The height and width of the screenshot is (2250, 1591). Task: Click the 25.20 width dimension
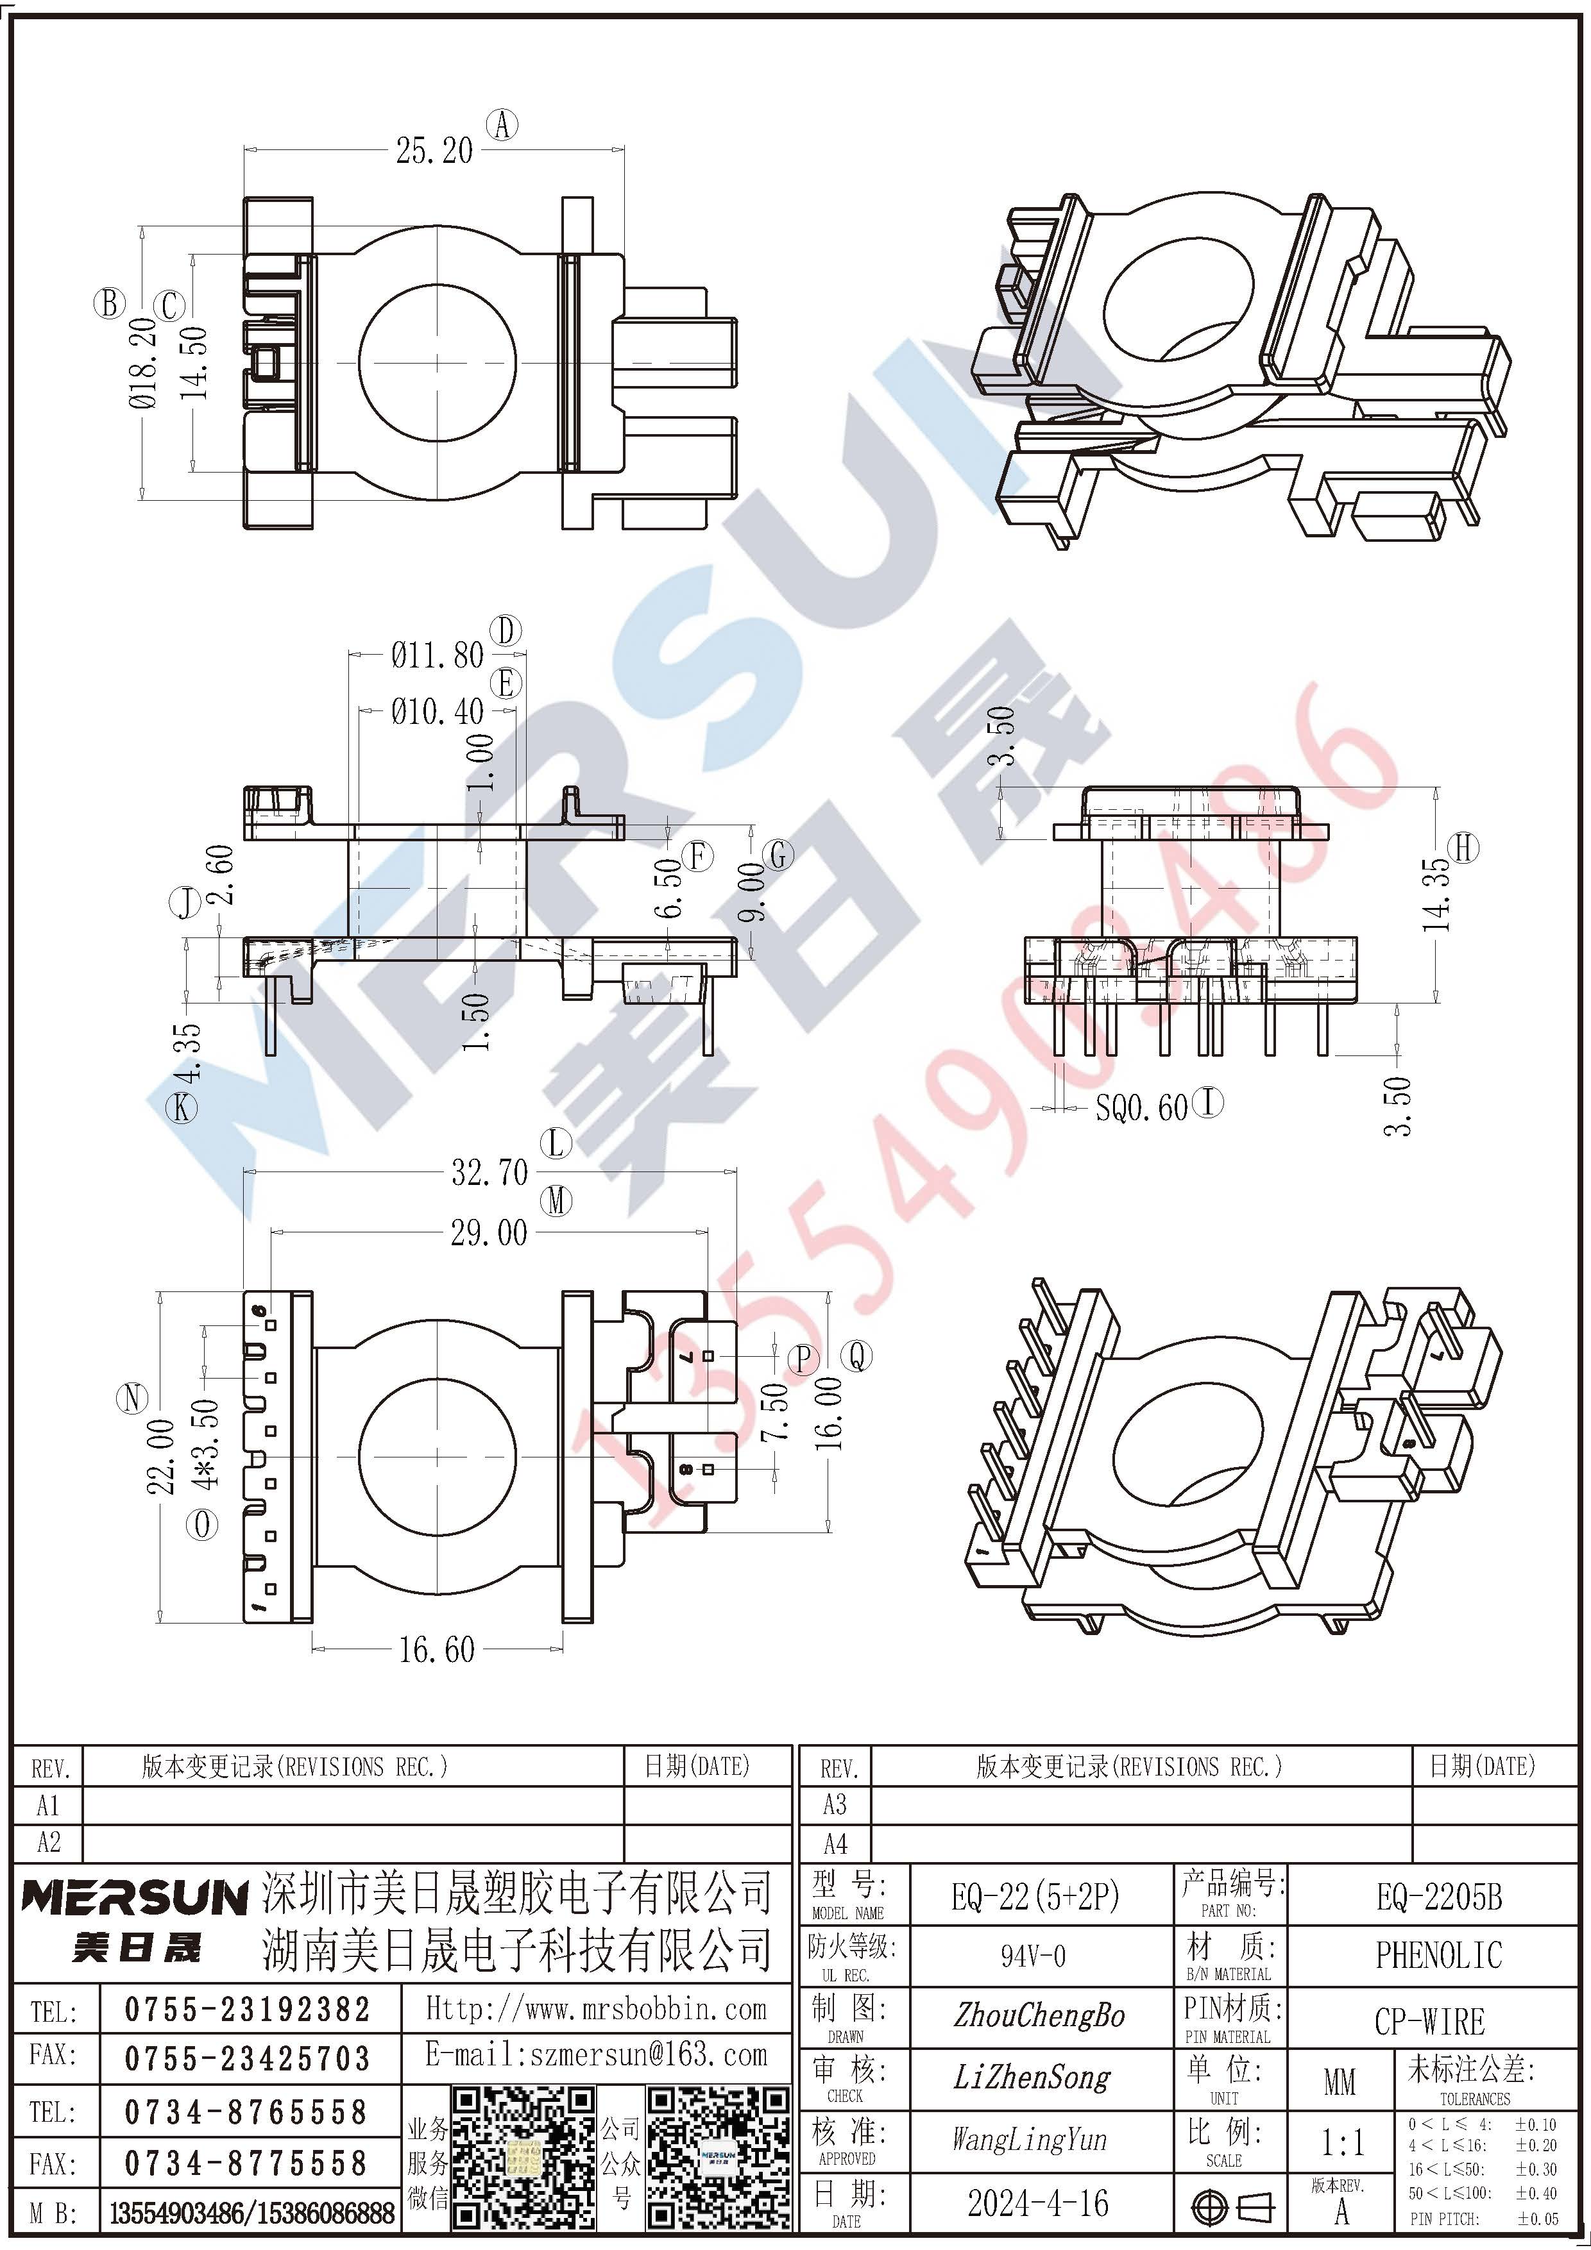434,150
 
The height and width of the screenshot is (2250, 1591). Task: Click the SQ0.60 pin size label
1141,1107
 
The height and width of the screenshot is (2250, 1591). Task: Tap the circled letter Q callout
859,1356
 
